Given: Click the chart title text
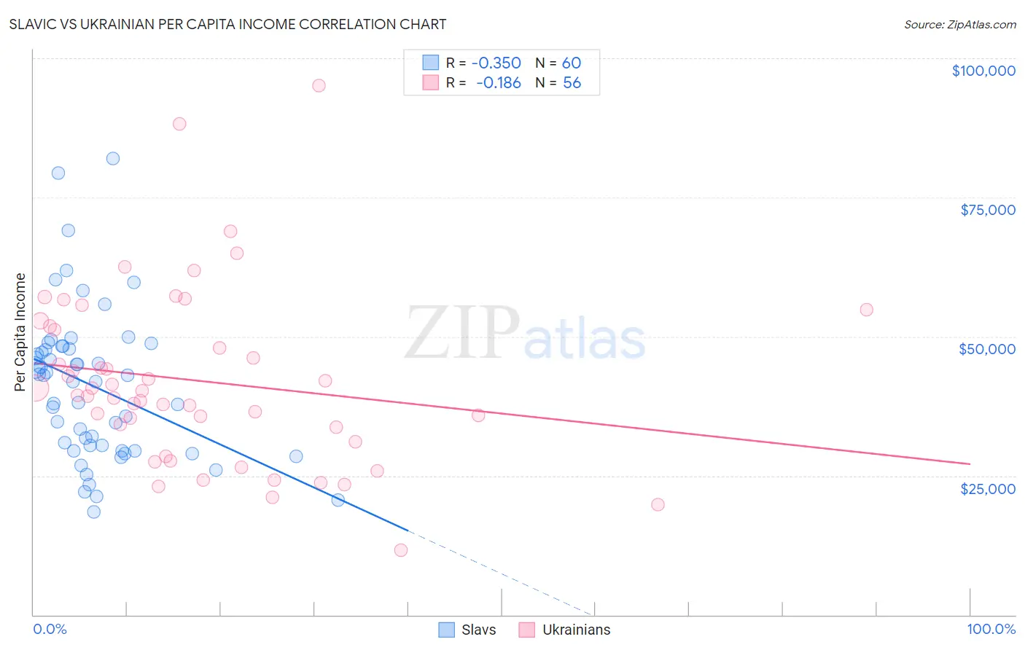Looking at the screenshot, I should point(227,24).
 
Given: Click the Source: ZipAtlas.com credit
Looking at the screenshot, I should point(959,24).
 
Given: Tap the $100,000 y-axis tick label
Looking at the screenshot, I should point(983,71).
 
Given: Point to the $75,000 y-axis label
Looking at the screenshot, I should point(988,210).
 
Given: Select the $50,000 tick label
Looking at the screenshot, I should point(987,349).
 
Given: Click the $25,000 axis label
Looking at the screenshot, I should point(988,488).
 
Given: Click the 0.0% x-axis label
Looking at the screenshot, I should point(50,629).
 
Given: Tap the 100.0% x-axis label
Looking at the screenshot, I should point(991,629).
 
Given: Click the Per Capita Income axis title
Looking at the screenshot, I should point(20,332).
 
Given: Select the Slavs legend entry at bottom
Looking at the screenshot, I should point(467,630).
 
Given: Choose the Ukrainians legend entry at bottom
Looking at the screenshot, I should point(565,630).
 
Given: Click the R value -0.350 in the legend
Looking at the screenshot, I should point(496,63).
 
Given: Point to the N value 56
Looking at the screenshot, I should point(572,83).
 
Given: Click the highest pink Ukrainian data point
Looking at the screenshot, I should point(319,85).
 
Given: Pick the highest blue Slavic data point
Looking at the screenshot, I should point(113,158).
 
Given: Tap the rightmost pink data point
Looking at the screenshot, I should point(866,310).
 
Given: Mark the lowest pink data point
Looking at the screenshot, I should point(401,550).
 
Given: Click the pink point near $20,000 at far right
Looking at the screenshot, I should point(658,504).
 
